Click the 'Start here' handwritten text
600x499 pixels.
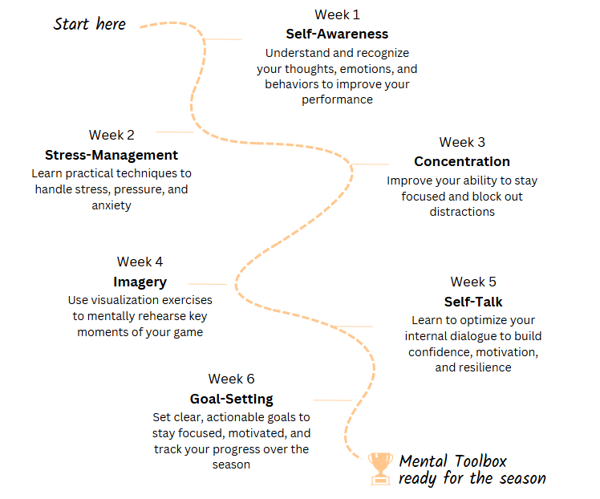(90, 23)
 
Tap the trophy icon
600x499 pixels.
(379, 469)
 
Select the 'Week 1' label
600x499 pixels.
(337, 15)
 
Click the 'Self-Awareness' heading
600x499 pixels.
(337, 34)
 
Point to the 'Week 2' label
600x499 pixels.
(111, 135)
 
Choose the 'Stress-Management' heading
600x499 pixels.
(111, 155)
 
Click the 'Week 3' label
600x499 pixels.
(462, 142)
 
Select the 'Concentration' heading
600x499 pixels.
(462, 162)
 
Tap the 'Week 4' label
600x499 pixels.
(140, 262)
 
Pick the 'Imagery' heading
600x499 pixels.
(140, 282)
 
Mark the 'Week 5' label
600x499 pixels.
(473, 282)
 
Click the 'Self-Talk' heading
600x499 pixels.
(473, 302)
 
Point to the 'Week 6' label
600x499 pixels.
(231, 379)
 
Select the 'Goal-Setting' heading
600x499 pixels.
(231, 399)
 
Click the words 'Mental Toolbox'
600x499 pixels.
(452, 461)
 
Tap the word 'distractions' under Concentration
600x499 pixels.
(462, 212)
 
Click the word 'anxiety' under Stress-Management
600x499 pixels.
(111, 205)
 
